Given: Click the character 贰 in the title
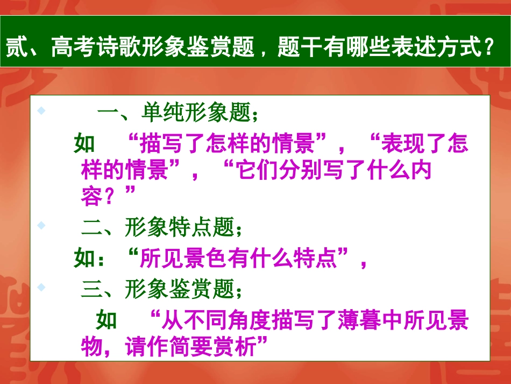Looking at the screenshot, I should pyautogui.click(x=16, y=50).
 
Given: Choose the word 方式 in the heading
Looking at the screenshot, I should pyautogui.click(x=459, y=50).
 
